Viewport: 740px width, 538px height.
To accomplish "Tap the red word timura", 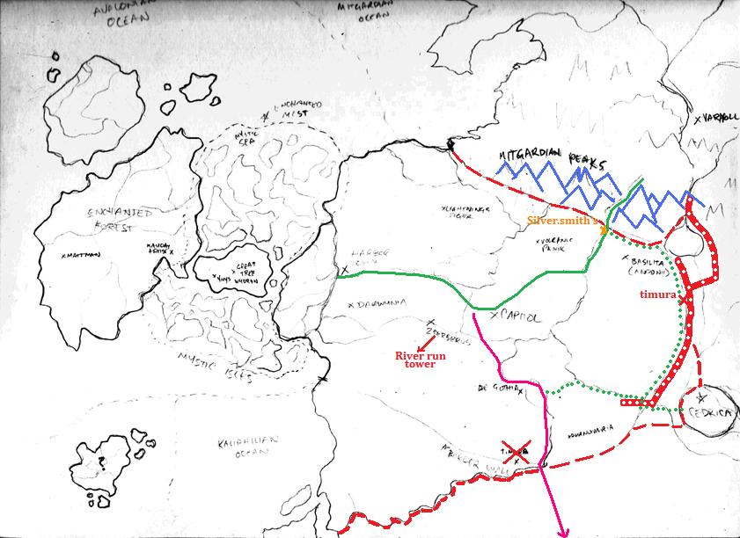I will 657,295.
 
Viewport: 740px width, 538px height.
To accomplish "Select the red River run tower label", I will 415,360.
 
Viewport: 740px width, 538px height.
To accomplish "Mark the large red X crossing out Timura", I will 516,452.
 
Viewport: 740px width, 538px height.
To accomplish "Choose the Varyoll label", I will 717,119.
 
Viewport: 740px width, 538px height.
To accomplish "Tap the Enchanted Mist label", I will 297,108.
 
